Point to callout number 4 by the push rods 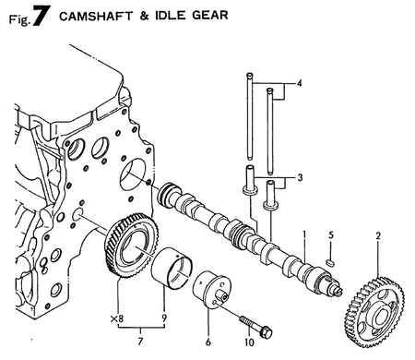pos(298,85)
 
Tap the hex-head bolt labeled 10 pos(255,323)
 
